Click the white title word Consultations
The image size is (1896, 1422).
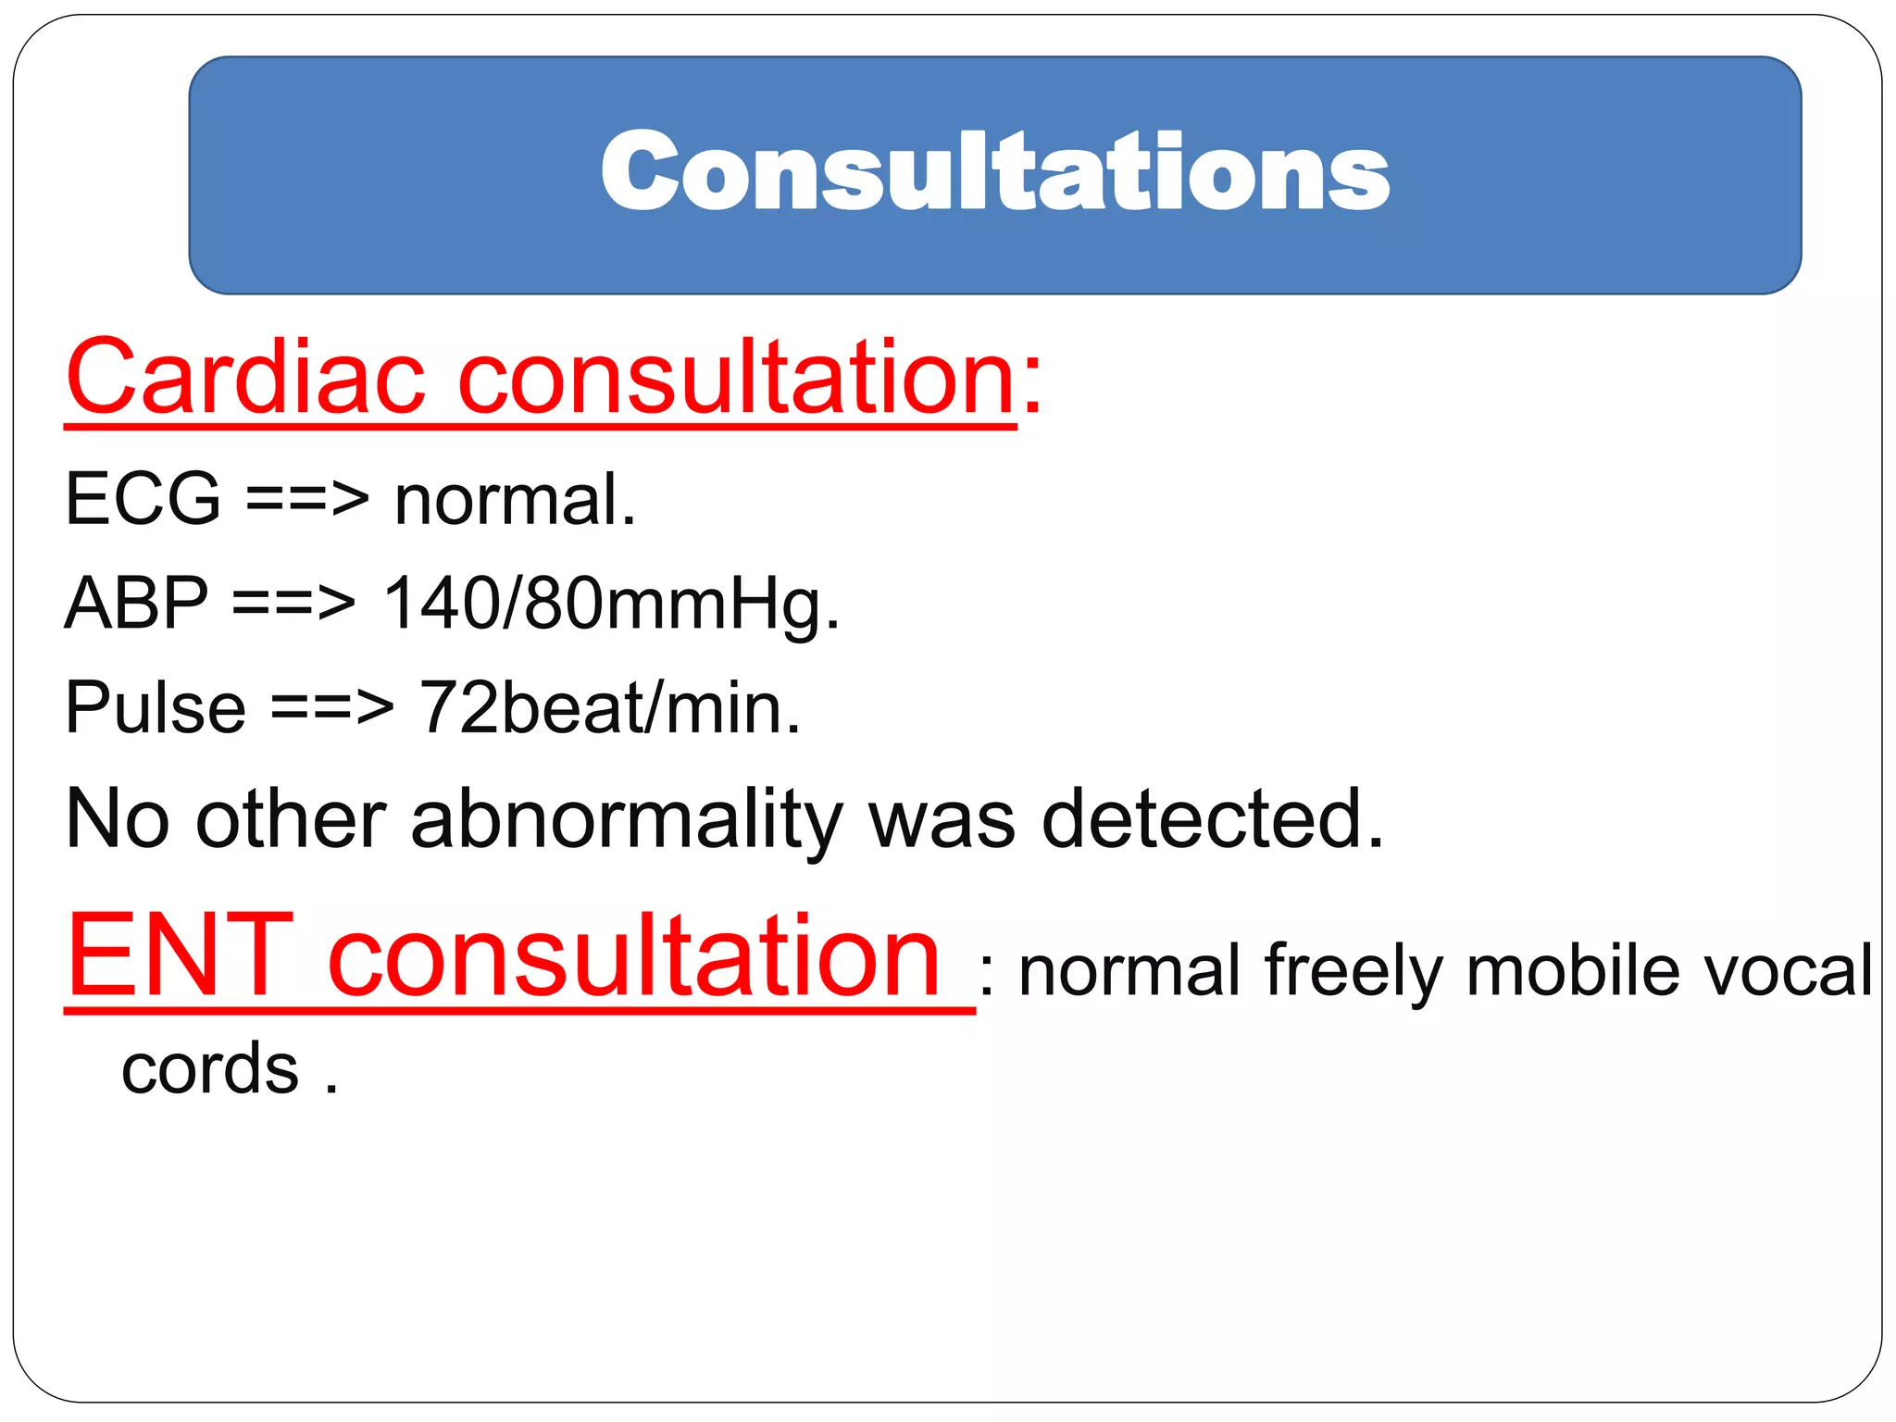point(995,172)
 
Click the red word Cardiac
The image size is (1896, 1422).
point(245,378)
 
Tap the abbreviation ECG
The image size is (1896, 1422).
point(143,499)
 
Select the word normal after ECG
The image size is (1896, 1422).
point(514,499)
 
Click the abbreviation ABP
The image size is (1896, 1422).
point(137,604)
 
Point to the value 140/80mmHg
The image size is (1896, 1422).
point(611,604)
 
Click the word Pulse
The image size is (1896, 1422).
point(156,708)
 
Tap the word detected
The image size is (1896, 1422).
point(1213,818)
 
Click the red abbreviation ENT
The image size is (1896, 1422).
point(181,955)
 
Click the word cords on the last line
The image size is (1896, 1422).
point(210,1069)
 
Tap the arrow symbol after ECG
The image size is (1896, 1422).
point(307,501)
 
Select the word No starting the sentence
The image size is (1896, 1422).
point(118,818)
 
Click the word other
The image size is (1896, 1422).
point(291,818)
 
